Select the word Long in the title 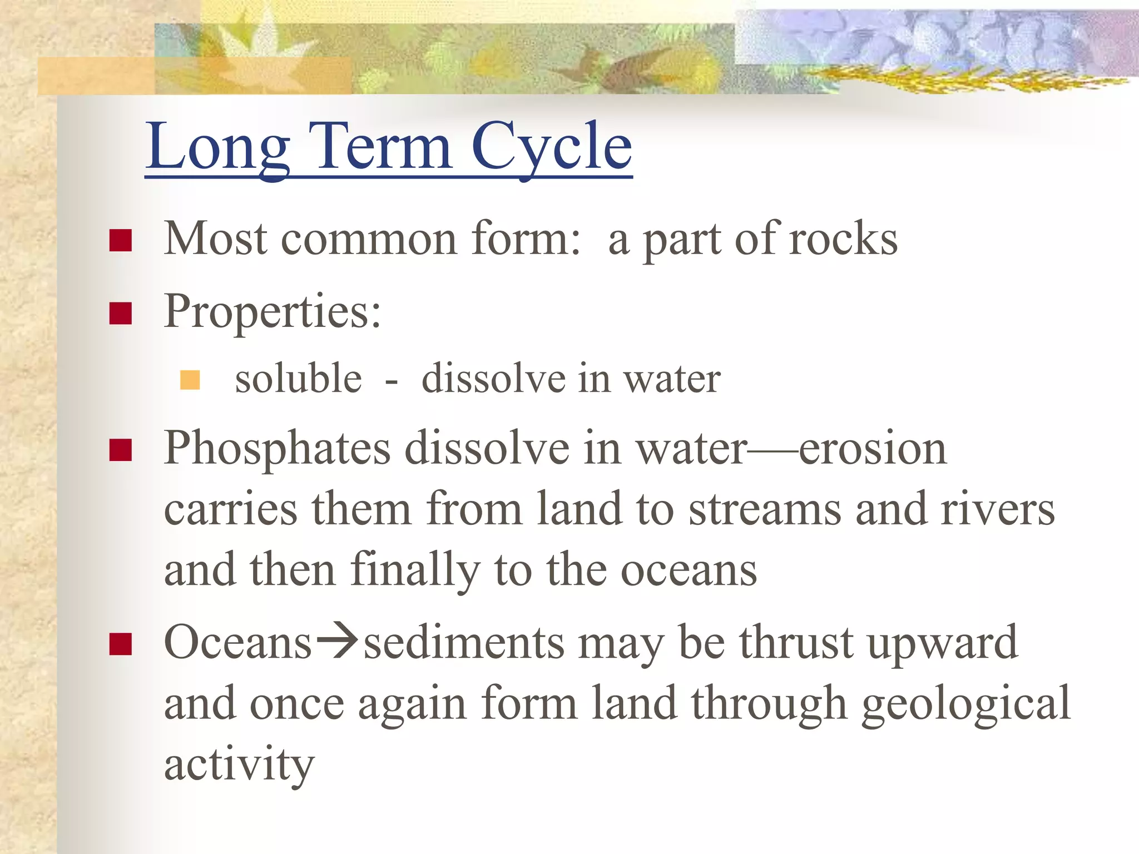(x=218, y=147)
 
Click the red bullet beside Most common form (x=121, y=241)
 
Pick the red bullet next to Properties (x=121, y=313)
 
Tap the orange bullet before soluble (x=190, y=380)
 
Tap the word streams (x=765, y=509)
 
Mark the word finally (x=415, y=570)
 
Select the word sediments (x=464, y=643)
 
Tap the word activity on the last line (x=239, y=765)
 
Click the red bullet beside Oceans (x=121, y=645)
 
